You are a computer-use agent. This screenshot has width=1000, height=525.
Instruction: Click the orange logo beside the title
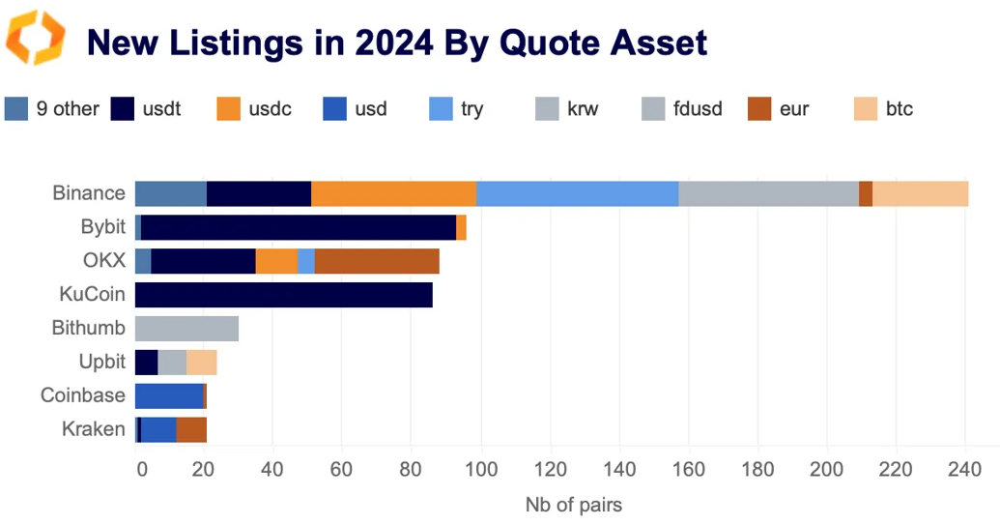(36, 38)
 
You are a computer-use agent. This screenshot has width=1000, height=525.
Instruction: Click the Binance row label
(89, 193)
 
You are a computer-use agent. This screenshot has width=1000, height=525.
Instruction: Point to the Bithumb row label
(88, 328)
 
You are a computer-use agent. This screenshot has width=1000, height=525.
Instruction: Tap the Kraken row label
(95, 429)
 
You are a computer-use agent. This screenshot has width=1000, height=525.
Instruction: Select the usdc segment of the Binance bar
(393, 193)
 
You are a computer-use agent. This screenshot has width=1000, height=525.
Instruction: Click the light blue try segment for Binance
(577, 193)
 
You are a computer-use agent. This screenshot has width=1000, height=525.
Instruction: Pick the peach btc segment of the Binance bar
(920, 193)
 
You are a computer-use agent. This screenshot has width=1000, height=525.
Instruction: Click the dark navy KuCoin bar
(283, 295)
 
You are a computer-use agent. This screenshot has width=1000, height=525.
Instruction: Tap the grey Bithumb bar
(186, 328)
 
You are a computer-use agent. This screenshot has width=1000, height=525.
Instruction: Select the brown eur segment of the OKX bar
(377, 261)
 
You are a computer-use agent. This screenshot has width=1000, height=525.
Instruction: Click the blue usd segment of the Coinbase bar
(168, 395)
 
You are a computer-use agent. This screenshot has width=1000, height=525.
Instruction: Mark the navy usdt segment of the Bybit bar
(299, 227)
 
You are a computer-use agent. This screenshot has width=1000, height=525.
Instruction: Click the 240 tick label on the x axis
(965, 471)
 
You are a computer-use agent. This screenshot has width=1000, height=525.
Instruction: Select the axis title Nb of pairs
(573, 505)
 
